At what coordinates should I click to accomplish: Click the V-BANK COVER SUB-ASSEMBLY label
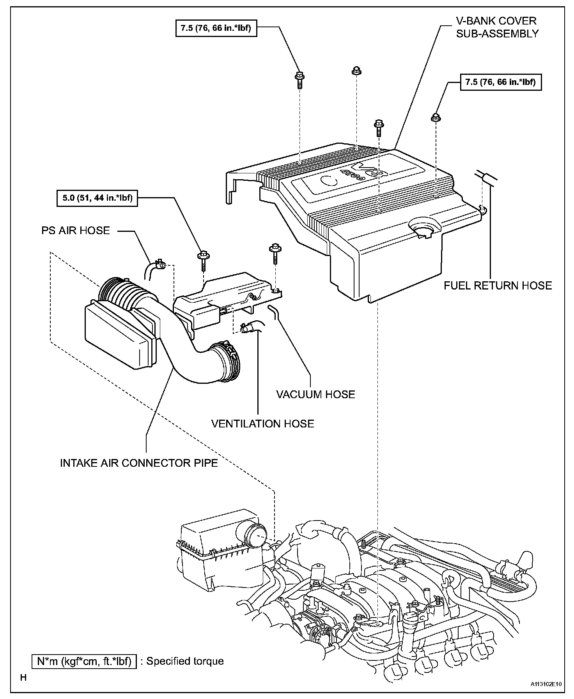496,27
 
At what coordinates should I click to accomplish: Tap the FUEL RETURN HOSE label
498,286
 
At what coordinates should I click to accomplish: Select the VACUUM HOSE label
315,394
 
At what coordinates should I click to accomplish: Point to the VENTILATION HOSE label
262,424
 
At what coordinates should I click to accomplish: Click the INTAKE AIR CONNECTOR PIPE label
139,463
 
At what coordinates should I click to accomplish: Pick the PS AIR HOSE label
76,231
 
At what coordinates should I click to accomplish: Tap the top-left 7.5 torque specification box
216,28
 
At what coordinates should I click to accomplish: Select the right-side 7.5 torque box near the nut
501,82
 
